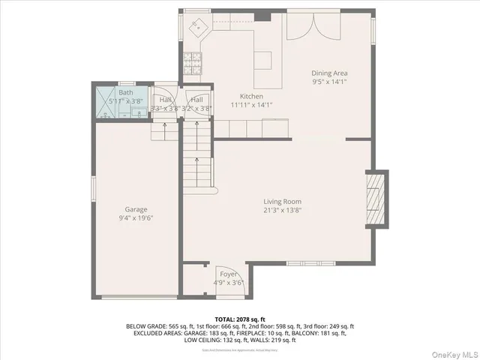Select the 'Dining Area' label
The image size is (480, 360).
click(x=330, y=73)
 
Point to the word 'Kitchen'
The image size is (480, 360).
click(x=251, y=96)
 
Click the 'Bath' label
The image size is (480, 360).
click(x=125, y=92)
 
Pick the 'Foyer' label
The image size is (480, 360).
click(x=228, y=274)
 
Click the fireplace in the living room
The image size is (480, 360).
click(x=374, y=198)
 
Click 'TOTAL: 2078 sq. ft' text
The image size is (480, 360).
click(x=239, y=319)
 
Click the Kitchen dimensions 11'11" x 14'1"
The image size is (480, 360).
click(x=251, y=105)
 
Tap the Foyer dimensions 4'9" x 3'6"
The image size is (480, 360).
click(x=228, y=283)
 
